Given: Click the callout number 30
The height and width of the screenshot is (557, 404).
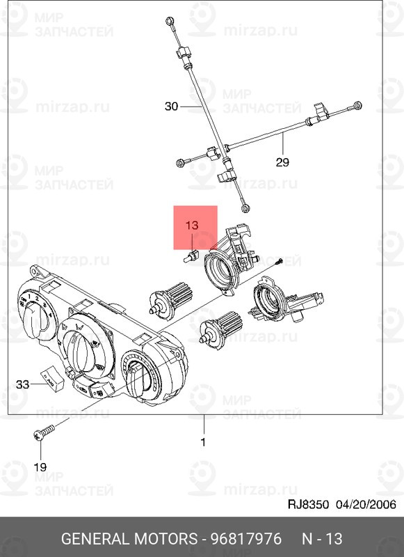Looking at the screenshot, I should pos(172,107).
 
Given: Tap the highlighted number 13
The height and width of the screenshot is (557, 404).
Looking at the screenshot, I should pos(192,226).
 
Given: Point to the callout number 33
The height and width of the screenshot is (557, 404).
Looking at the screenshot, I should pos(23,384).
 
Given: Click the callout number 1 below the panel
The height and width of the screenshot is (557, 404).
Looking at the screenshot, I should pos(204,441).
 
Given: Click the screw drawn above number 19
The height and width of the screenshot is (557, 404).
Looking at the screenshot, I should pos(43,433).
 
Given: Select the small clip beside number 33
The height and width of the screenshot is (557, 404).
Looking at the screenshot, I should pos(53,377).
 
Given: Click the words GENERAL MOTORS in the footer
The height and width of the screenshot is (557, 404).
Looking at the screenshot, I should pos(129,539).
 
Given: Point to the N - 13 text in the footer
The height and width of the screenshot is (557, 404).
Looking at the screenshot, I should pos(322,539).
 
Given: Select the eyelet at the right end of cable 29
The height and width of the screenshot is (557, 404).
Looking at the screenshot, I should pos(357,105).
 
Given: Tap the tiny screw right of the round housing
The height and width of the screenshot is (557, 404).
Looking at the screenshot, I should pos(277,262).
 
